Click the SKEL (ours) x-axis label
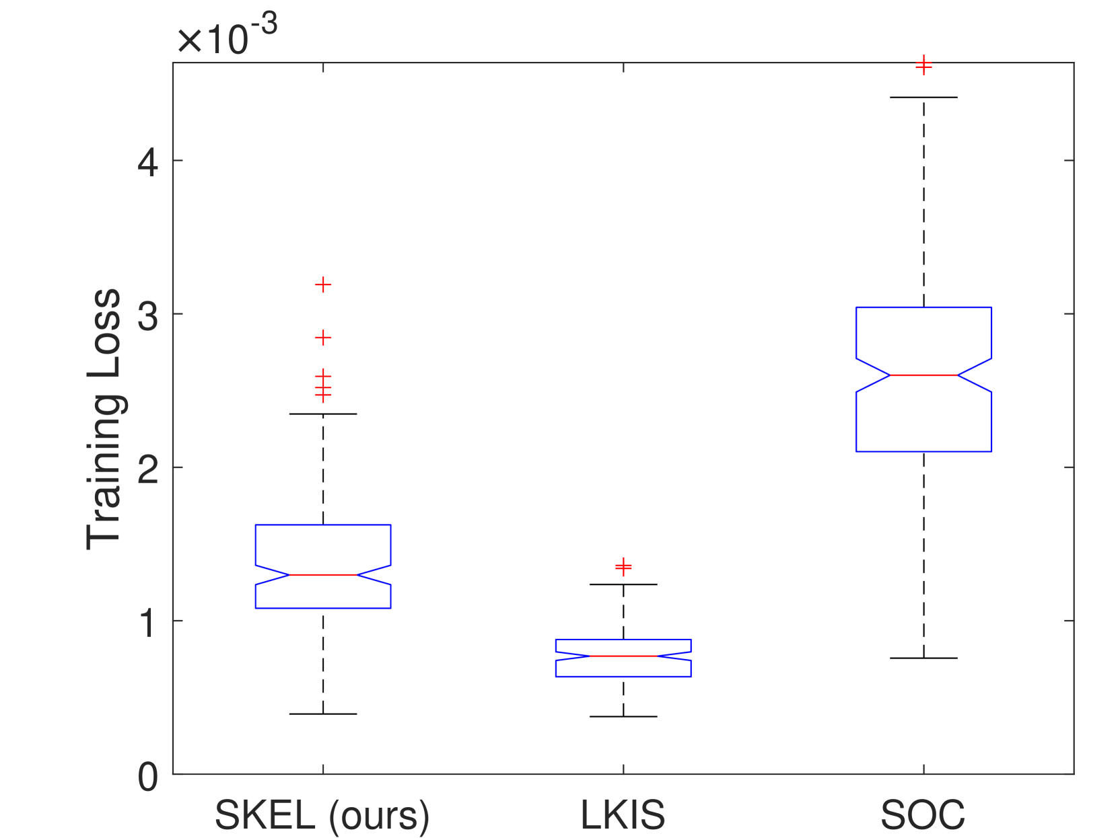[x=322, y=816]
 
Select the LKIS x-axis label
[x=623, y=815]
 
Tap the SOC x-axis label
[x=923, y=815]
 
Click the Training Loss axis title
[x=104, y=419]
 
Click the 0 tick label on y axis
[x=147, y=777]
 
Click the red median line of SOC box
[x=923, y=375]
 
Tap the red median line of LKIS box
[x=623, y=656]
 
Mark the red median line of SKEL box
[x=323, y=574]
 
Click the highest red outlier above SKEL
[x=323, y=284]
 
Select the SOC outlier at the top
[x=923, y=65]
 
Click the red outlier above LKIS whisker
[x=623, y=566]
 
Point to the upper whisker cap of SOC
[x=923, y=97]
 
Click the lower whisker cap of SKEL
[x=323, y=714]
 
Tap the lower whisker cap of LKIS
[x=623, y=716]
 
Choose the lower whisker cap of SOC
[x=923, y=658]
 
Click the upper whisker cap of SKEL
[x=323, y=414]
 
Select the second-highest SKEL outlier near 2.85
[x=323, y=338]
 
